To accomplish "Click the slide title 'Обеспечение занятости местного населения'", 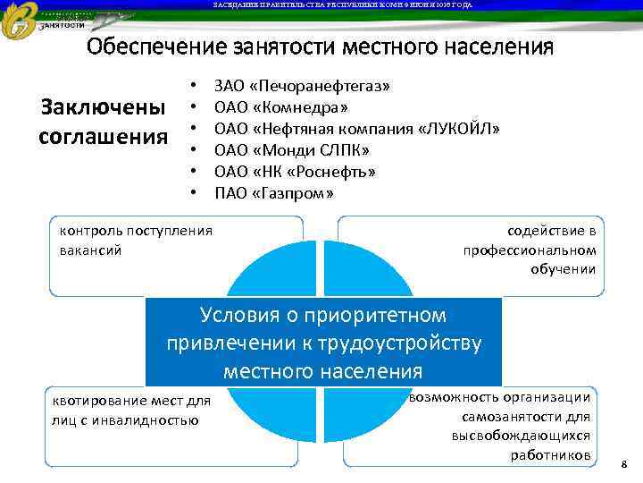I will click(x=320, y=47).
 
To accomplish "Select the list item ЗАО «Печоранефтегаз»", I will click(x=302, y=88).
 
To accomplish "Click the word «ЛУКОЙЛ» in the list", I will click(x=457, y=129).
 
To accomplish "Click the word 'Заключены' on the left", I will click(x=104, y=108).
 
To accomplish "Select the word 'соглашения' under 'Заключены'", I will click(x=104, y=137).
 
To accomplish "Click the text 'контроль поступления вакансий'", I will click(x=135, y=240).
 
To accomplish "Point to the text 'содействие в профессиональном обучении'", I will click(x=530, y=250).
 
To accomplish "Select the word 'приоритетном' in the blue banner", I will click(x=388, y=316).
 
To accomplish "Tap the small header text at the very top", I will click(x=342, y=5).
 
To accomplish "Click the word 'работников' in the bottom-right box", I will click(x=550, y=454).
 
